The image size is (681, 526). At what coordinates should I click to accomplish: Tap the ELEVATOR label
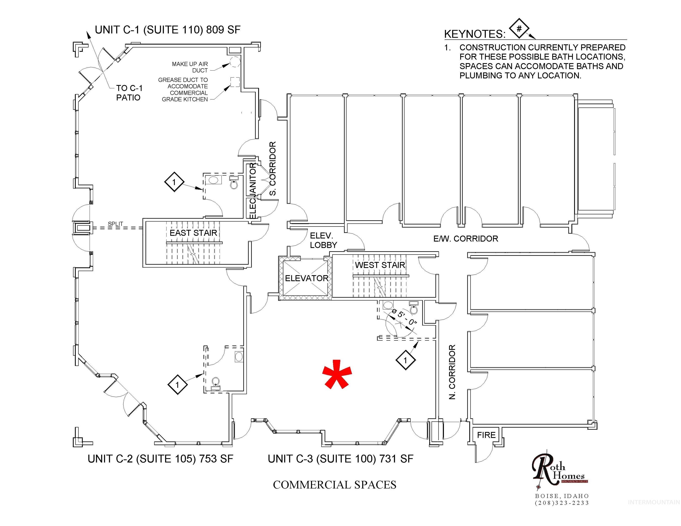coord(307,278)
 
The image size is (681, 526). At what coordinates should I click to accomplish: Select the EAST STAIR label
coord(193,233)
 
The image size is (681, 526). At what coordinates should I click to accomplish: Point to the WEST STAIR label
coord(380,265)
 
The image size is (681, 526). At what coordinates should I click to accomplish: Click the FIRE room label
coord(486,435)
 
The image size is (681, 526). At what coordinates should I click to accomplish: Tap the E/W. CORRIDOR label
coord(466,239)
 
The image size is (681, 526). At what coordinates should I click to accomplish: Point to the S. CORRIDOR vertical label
coord(273,168)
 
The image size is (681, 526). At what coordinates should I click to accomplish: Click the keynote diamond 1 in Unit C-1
coord(174,182)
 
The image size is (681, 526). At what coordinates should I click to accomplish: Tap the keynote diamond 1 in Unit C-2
coord(178,385)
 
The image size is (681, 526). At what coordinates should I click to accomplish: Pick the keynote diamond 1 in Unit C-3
coord(405,360)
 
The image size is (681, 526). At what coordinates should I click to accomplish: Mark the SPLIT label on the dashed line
coord(115,224)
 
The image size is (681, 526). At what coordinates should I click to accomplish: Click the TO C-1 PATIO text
coord(129,93)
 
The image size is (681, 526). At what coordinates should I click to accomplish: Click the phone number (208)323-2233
coord(562,503)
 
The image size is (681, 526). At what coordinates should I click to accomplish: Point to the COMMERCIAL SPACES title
coord(335,485)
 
